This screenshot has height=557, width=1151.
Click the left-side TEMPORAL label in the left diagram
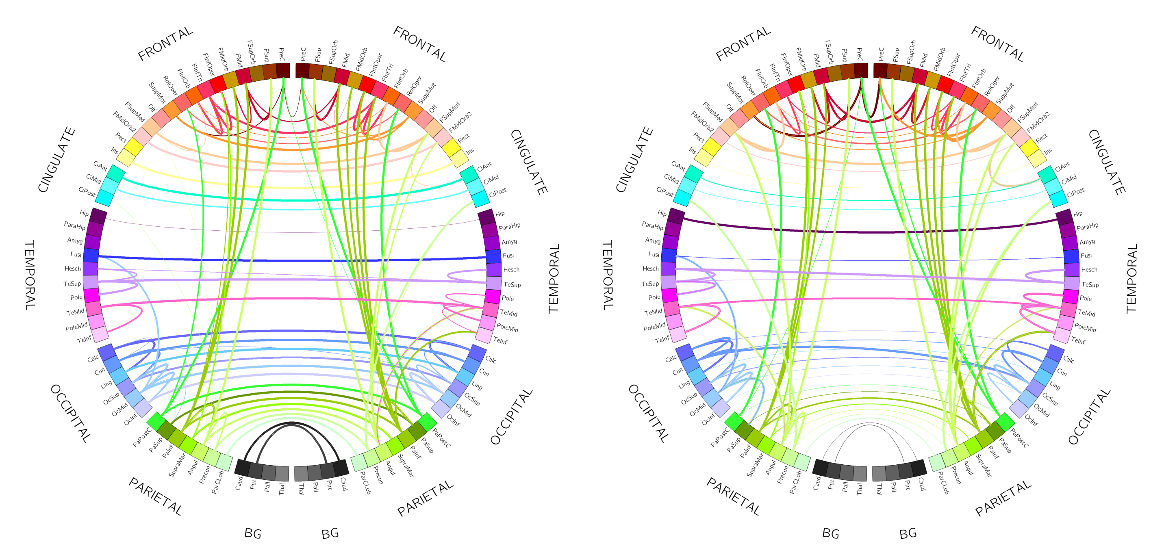(30, 275)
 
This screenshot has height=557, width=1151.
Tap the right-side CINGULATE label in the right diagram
(1106, 162)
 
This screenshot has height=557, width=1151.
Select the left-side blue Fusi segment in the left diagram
(91, 255)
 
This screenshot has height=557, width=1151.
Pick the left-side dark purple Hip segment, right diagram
(676, 216)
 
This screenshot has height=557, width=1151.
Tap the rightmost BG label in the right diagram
(908, 533)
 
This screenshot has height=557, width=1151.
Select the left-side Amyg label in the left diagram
(75, 240)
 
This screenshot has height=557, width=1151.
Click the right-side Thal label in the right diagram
(879, 489)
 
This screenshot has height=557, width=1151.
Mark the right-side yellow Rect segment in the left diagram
(451, 147)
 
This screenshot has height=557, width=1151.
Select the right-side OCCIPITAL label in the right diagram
(1089, 416)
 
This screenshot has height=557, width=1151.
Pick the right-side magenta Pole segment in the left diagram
(493, 297)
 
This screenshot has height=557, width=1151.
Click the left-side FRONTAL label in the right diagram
(743, 43)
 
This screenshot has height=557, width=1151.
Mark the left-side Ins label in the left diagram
(115, 151)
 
